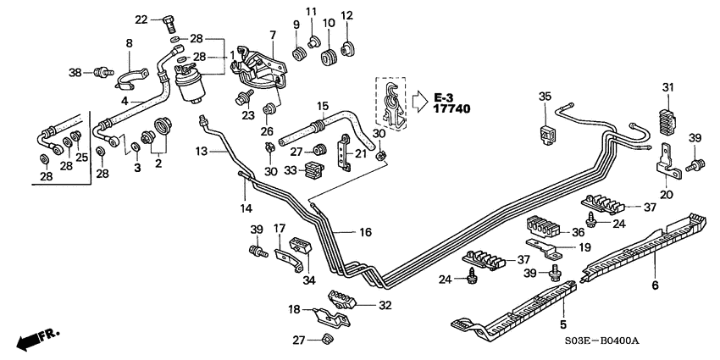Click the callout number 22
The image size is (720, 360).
coord(141,19)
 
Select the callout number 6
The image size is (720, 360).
coord(655,286)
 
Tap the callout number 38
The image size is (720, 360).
coord(75,73)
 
